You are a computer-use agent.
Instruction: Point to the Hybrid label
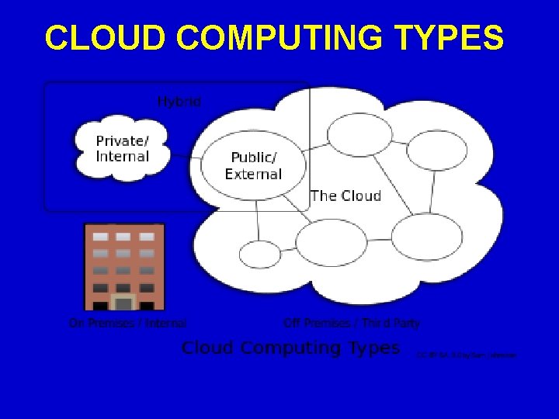179,102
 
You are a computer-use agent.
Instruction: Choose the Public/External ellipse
254,166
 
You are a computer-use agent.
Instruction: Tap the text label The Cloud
345,196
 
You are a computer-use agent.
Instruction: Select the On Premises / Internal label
127,323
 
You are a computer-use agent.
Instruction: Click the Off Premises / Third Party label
351,323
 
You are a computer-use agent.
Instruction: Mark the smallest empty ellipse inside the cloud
259,254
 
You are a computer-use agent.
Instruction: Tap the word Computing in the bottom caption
292,348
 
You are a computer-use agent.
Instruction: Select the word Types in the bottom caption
372,348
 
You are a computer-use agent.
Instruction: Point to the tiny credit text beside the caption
466,355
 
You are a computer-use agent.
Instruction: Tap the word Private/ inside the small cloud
122,140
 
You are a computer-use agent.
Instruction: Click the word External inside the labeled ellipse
253,175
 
